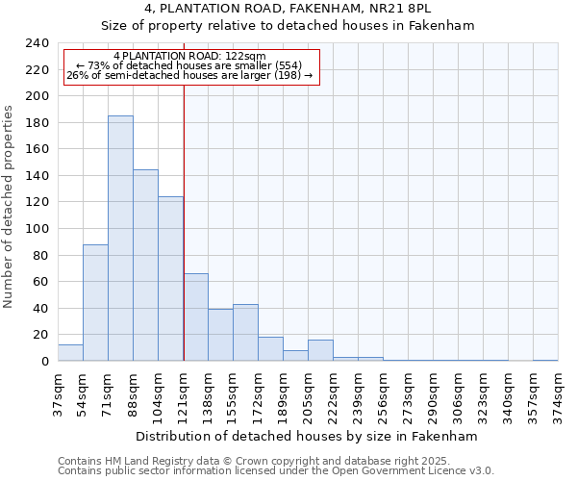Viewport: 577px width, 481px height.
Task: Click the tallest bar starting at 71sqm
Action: [x=120, y=239]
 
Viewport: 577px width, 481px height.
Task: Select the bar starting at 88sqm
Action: [x=145, y=266]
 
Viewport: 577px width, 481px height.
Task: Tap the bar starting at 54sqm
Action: [x=95, y=303]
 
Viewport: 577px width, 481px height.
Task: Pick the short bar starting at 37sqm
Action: [x=70, y=353]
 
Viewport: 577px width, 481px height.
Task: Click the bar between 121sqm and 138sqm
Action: [x=195, y=317]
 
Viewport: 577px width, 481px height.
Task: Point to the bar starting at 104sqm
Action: [x=170, y=279]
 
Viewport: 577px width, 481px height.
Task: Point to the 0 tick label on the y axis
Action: [x=44, y=362]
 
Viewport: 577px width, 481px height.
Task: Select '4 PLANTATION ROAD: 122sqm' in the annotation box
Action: [x=189, y=57]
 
